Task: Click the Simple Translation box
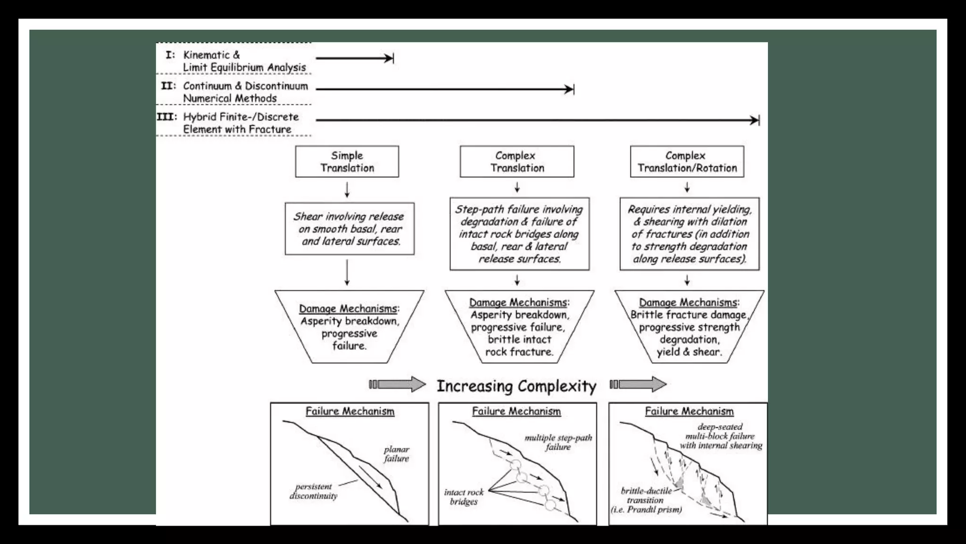347,161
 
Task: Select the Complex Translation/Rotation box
687,161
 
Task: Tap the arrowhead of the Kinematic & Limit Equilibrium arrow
389,58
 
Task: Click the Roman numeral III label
167,117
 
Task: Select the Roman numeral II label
168,86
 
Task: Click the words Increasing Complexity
516,386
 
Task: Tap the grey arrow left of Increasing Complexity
398,384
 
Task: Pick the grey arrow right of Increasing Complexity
638,384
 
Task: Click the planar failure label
396,454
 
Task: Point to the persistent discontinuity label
314,491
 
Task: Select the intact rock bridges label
464,497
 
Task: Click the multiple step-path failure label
558,442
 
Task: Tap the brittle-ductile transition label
646,496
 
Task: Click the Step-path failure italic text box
519,234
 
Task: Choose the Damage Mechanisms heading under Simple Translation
348,308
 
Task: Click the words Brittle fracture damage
689,315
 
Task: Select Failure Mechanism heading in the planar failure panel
350,411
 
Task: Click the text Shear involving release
349,217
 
